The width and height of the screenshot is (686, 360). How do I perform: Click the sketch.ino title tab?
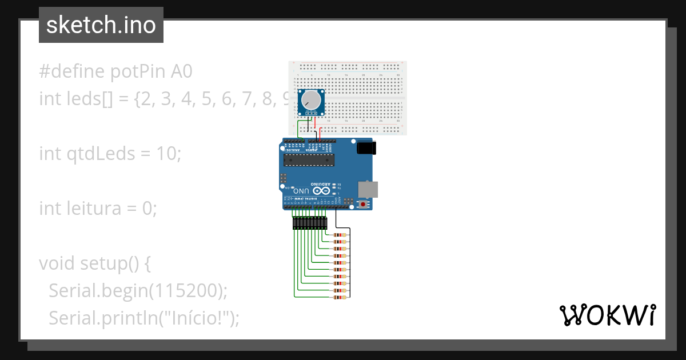[101, 25]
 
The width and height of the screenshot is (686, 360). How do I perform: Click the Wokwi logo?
[607, 315]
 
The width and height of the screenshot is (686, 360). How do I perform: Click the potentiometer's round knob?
[312, 101]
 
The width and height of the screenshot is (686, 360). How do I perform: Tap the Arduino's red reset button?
[362, 204]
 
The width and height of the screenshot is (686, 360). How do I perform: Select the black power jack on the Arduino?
[366, 148]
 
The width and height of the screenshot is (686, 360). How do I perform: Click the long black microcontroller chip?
[309, 159]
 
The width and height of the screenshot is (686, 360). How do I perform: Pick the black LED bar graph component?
[309, 223]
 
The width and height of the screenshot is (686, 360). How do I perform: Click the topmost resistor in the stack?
[340, 235]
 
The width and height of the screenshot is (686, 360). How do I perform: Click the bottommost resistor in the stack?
[340, 297]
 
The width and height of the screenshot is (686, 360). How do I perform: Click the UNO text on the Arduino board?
[302, 191]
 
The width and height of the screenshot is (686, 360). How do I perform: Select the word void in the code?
[57, 263]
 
